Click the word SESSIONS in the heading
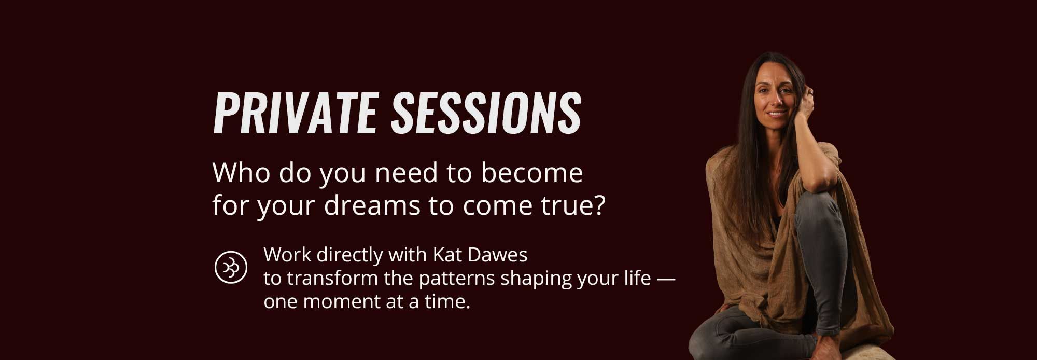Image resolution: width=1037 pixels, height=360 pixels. (486, 114)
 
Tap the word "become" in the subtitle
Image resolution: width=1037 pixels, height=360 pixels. (531, 173)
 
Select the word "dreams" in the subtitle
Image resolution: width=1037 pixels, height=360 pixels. (372, 205)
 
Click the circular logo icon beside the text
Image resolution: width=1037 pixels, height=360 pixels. (231, 268)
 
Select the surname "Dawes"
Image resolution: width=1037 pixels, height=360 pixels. (498, 255)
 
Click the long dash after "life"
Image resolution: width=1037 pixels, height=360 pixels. (666, 279)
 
